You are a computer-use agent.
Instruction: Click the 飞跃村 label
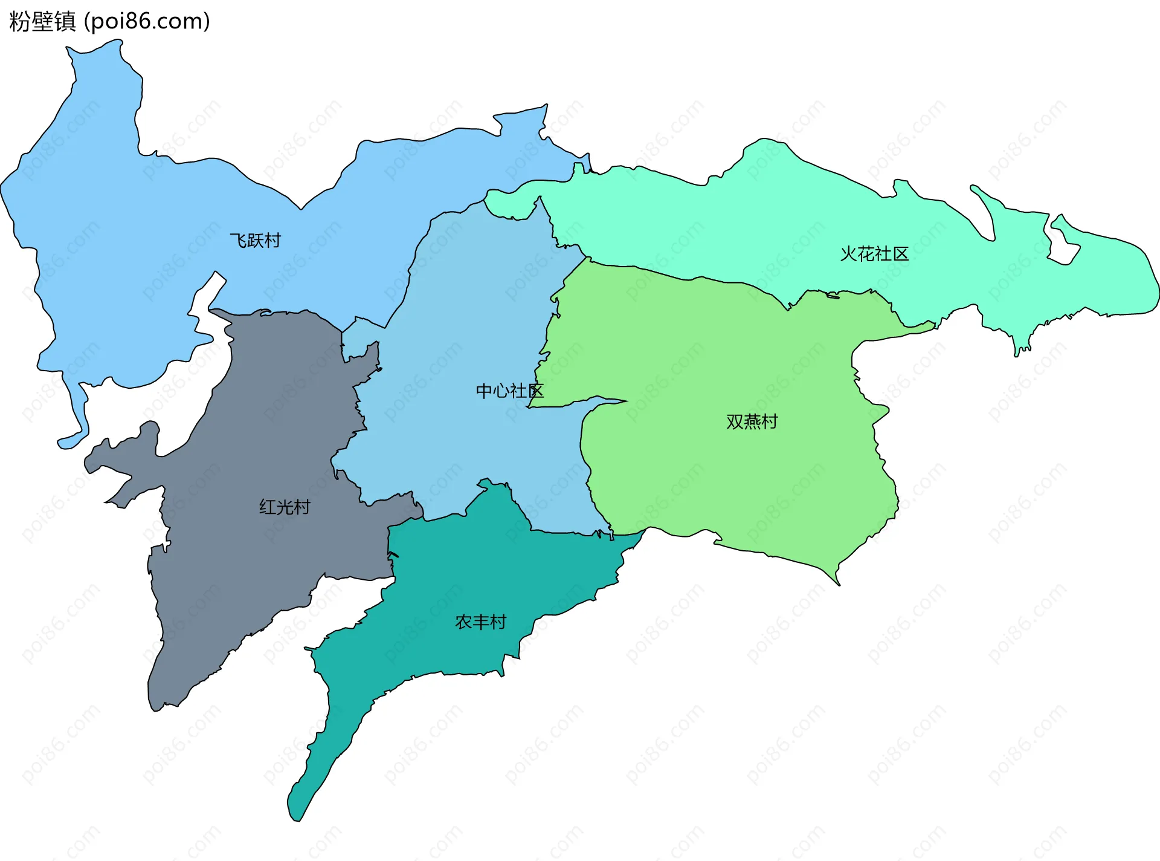[256, 241]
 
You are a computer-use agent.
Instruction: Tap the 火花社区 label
[874, 254]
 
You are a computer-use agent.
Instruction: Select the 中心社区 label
[509, 391]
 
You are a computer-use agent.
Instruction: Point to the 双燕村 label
[752, 421]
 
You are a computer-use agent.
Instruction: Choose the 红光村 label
[285, 507]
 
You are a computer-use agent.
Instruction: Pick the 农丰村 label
[480, 622]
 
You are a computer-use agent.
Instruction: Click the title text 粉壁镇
[42, 22]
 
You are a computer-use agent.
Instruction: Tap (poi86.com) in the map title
[147, 22]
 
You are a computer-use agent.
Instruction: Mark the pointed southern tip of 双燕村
[838, 583]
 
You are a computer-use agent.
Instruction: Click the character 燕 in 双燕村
[752, 421]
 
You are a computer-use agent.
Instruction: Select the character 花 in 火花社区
[866, 254]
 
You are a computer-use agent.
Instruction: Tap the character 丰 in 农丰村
[481, 622]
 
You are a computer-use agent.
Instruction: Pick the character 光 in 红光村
[285, 507]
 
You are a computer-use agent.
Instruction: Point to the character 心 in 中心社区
[501, 391]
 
